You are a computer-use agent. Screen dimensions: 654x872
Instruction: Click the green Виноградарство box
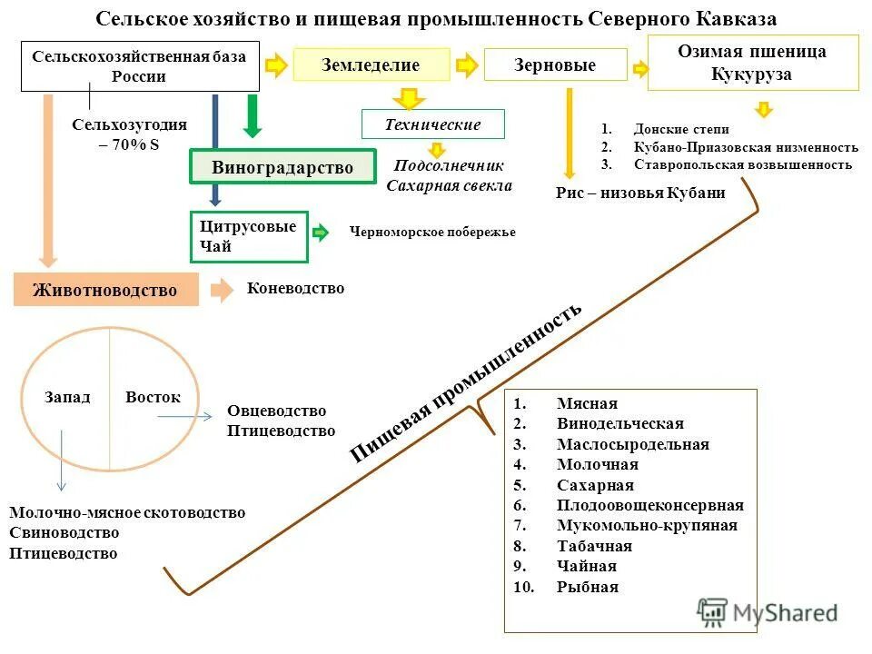click(282, 168)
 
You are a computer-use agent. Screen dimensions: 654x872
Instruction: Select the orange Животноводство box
click(105, 290)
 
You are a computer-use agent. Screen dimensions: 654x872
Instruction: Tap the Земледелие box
click(371, 65)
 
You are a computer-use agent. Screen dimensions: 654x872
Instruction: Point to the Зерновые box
click(555, 65)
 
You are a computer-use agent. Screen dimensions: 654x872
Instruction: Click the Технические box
click(432, 124)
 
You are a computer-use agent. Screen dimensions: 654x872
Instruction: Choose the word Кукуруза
click(752, 74)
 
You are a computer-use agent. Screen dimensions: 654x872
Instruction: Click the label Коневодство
click(295, 288)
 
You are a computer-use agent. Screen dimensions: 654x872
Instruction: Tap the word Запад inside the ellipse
click(67, 398)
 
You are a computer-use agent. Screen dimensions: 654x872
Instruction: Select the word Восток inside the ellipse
click(153, 398)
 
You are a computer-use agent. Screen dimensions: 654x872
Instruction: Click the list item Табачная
click(594, 546)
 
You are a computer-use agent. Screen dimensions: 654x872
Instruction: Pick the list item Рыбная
click(588, 587)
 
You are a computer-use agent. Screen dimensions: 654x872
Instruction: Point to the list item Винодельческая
click(619, 423)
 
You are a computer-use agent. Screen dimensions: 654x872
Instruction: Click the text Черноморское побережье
click(432, 233)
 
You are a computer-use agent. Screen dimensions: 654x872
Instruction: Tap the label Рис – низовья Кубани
click(640, 193)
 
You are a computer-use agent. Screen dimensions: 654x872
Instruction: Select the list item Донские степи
click(681, 129)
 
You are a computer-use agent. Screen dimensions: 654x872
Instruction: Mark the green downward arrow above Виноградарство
click(253, 115)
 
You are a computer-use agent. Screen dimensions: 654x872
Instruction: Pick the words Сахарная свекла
click(449, 186)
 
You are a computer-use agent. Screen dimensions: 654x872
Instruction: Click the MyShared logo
click(768, 611)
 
